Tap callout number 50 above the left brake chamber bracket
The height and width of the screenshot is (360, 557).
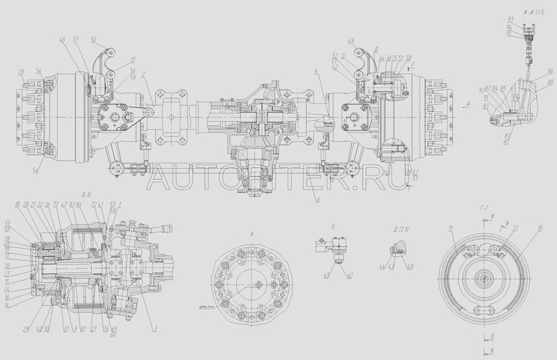[94, 39]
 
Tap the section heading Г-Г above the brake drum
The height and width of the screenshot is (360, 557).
[487, 208]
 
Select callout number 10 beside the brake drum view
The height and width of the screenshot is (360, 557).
[540, 229]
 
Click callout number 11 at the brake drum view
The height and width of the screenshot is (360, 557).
[452, 228]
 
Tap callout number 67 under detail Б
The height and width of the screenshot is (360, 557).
[326, 276]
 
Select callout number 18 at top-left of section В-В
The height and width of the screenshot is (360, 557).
[16, 205]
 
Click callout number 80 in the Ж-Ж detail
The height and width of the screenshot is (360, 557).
[550, 82]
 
